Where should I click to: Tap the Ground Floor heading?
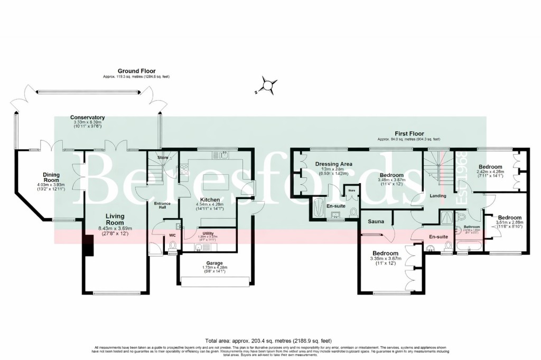tap(136, 71)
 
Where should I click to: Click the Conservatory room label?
tap(88, 117)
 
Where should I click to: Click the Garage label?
tap(214, 262)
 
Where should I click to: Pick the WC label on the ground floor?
tap(172, 235)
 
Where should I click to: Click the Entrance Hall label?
tap(162, 205)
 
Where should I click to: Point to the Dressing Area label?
tap(333, 164)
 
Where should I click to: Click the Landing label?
tap(438, 196)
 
